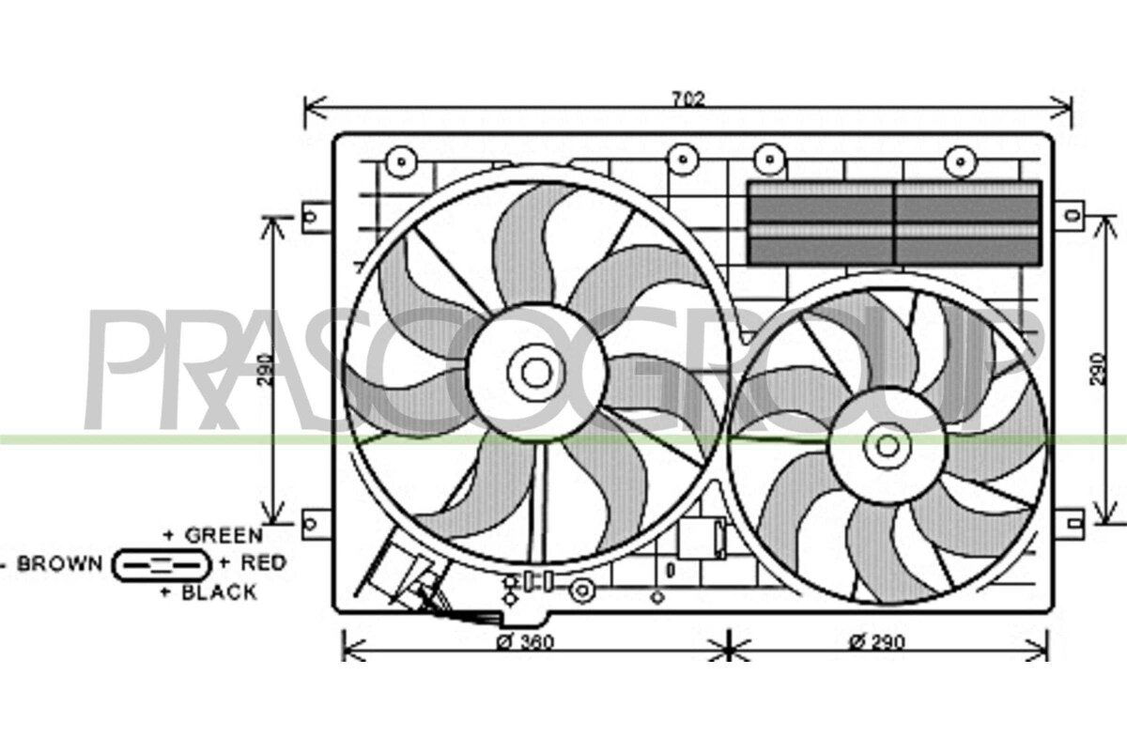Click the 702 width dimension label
688,100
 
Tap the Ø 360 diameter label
525,642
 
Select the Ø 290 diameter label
876,641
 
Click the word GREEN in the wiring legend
224,535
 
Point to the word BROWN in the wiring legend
60,563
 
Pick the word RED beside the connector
264,563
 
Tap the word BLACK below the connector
219,592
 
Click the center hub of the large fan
536,373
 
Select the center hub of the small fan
887,446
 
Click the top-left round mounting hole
401,162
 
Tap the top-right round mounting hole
961,162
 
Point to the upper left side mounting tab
316,217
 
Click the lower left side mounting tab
316,525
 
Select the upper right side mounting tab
1070,216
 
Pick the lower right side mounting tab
1070,524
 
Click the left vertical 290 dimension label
265,370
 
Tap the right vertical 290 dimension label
1098,370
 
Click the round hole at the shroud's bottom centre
582,591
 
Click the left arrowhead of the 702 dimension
315,108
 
